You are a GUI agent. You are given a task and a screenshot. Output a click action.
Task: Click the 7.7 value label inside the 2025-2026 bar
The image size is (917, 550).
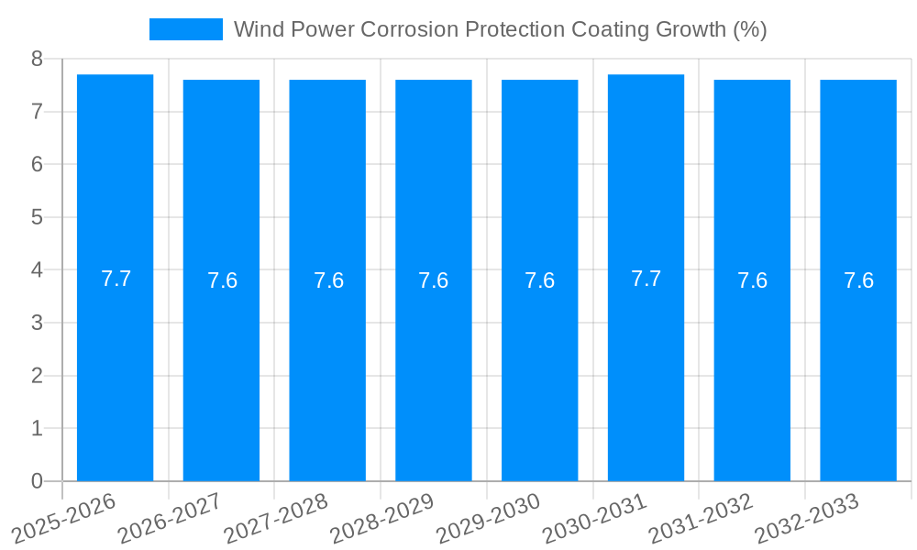116,279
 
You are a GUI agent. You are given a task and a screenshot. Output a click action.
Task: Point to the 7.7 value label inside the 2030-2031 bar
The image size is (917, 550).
646,279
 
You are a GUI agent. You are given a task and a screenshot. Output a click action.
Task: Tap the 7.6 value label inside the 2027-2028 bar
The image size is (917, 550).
328,280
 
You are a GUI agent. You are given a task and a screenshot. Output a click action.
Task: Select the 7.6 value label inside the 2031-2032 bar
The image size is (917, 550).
752,280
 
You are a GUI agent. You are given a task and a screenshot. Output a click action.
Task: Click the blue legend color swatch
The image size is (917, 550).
186,29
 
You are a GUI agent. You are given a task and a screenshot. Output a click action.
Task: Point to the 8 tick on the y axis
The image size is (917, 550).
37,59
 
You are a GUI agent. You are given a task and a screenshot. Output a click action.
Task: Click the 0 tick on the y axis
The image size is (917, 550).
37,481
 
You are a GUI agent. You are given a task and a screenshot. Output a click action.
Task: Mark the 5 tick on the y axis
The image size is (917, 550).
37,217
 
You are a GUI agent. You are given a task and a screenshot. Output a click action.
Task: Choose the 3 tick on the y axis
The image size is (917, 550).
37,323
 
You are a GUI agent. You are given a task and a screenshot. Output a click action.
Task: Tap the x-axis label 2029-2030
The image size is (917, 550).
488,519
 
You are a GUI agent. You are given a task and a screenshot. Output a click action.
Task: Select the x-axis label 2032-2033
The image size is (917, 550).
807,519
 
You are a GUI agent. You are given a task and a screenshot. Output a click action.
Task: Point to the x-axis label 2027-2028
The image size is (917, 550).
276,519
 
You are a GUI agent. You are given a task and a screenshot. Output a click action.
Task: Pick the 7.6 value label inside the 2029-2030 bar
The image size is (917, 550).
539,280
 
